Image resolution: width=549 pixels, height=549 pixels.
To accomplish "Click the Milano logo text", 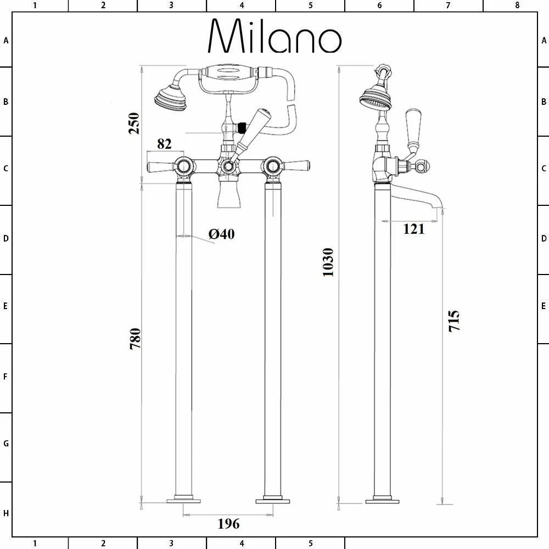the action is [x=275, y=36].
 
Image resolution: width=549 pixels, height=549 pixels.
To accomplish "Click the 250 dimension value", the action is [x=134, y=123].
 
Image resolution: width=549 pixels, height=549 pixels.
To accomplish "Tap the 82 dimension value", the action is [x=164, y=143].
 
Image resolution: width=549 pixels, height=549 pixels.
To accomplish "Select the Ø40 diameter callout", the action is [x=222, y=234].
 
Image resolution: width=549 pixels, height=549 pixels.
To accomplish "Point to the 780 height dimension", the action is [x=135, y=339].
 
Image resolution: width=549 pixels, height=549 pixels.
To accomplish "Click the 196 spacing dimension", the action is [x=228, y=524].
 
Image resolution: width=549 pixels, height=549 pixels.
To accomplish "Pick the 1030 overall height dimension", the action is [x=328, y=262].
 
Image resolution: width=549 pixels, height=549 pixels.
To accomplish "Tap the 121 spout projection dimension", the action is [x=414, y=229].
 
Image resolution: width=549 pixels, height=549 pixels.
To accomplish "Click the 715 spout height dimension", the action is [x=454, y=321].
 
